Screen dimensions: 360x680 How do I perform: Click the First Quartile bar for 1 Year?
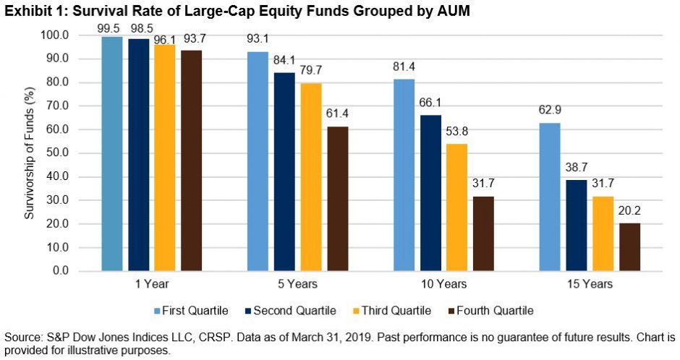[x=113, y=154]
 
